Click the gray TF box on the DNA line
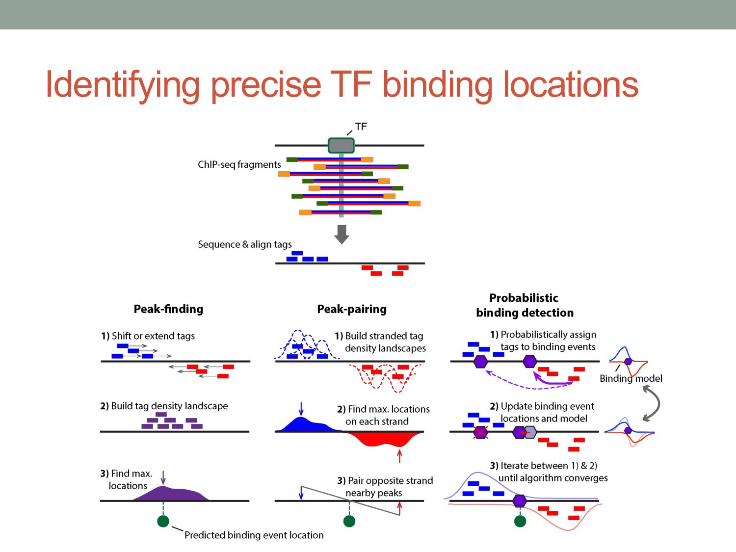(x=341, y=145)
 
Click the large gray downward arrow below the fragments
(x=342, y=234)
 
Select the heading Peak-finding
(x=168, y=309)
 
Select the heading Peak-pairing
(x=352, y=309)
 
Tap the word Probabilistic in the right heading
(x=524, y=298)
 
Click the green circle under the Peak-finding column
(x=163, y=521)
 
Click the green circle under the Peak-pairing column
(x=349, y=521)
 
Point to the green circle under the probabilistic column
(x=520, y=521)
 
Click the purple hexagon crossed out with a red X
(x=480, y=432)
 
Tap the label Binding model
(x=631, y=378)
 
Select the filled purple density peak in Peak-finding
(x=172, y=494)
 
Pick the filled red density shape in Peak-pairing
(x=388, y=439)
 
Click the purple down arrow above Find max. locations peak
(x=163, y=477)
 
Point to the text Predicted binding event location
(x=254, y=535)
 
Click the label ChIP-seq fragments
(x=239, y=164)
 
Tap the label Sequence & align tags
(x=245, y=244)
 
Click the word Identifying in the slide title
(x=123, y=85)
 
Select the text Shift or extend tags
(x=153, y=336)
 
